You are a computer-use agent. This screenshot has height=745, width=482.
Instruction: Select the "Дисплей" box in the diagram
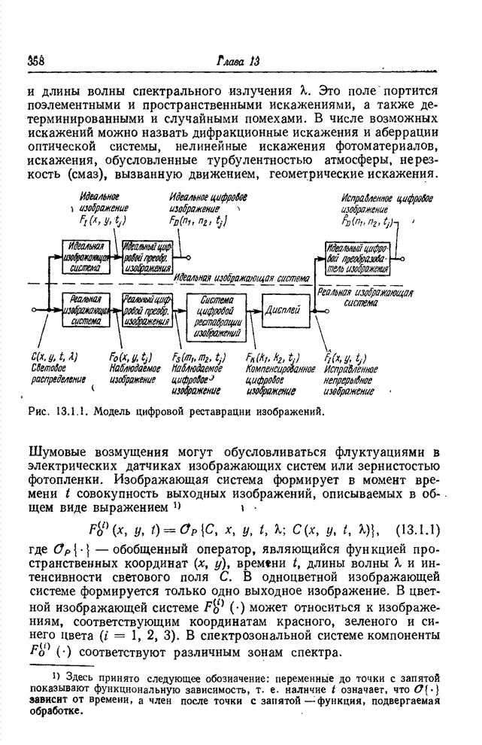[284, 308]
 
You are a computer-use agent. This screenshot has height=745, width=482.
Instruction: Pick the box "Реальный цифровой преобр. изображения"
[147, 309]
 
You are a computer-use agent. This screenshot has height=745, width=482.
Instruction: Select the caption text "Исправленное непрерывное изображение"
[350, 380]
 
